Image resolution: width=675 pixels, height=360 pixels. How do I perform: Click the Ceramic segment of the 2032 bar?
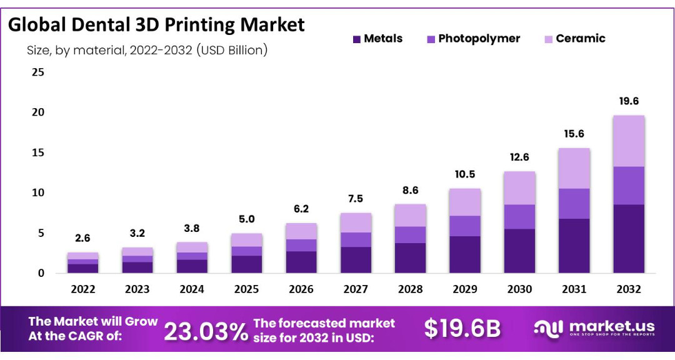(629, 141)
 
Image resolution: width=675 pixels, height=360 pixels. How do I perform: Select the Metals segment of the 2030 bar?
(519, 251)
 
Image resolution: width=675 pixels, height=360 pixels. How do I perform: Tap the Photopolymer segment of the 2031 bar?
(574, 203)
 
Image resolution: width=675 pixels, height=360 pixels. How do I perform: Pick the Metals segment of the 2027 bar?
(355, 260)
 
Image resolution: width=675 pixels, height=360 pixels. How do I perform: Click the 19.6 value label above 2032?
(629, 101)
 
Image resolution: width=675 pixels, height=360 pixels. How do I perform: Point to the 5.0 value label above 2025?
(246, 219)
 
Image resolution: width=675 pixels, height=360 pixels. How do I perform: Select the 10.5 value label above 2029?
(464, 174)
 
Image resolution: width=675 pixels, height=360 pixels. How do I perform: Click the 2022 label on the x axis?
(82, 289)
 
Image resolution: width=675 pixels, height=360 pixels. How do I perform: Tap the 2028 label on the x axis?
(410, 289)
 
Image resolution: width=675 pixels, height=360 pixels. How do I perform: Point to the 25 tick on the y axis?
(38, 72)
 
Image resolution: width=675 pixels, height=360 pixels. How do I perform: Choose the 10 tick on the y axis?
(38, 192)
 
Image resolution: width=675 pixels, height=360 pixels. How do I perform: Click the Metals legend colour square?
(356, 39)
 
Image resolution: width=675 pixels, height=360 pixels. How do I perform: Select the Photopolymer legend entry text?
(479, 39)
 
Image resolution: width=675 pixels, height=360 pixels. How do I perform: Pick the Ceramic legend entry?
(581, 39)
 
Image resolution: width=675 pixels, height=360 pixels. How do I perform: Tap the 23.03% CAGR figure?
(206, 331)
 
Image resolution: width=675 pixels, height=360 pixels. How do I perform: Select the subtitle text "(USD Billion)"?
(232, 51)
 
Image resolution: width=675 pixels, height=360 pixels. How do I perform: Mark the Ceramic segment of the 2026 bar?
(301, 231)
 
